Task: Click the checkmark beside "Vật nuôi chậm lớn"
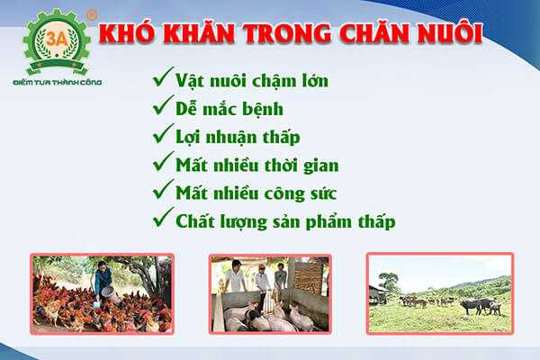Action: coord(164,79)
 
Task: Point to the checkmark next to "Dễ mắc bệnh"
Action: coord(164,107)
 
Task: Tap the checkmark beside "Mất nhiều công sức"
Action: coord(164,191)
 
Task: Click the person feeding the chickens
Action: coord(102,279)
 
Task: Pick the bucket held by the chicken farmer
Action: coord(109,293)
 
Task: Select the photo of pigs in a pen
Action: coord(270,293)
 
